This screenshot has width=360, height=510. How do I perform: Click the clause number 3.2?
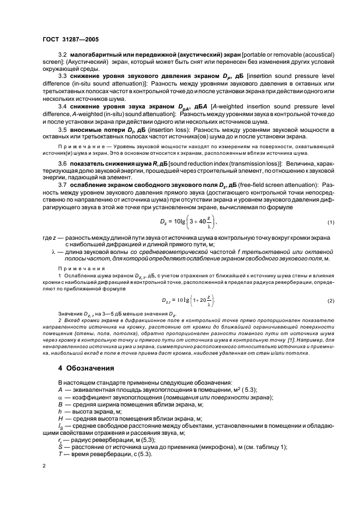click(62, 57)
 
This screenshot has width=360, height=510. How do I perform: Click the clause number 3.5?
click(62, 130)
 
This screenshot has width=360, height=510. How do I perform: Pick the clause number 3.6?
click(62, 164)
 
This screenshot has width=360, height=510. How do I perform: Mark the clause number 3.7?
click(62, 185)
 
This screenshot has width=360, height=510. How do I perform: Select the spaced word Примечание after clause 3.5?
click(82, 148)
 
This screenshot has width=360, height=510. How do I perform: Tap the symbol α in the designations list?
click(60, 397)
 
